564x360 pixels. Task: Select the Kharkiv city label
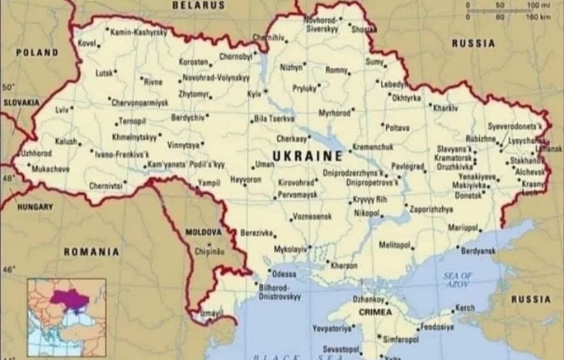(446, 108)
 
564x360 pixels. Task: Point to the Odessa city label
(285, 274)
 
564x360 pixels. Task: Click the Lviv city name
(62, 110)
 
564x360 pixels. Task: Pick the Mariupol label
(462, 227)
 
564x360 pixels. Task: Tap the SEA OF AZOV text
(458, 279)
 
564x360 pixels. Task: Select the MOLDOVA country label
(203, 232)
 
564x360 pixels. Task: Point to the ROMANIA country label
(91, 252)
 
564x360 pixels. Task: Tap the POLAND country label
(37, 53)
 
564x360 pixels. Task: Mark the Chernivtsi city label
(105, 186)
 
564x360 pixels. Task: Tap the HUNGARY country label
(35, 208)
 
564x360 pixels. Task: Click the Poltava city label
(397, 128)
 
